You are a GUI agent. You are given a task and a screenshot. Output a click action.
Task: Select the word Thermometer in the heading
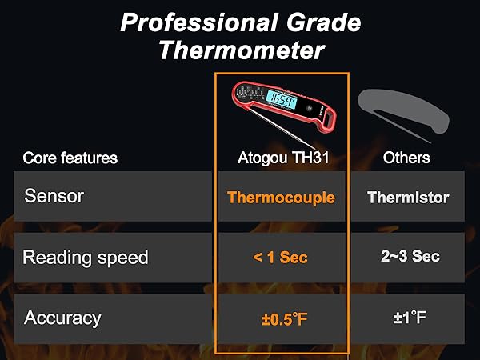coord(241,50)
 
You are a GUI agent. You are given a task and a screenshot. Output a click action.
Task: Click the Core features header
coord(70,158)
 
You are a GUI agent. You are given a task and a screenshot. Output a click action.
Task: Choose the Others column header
coord(406,158)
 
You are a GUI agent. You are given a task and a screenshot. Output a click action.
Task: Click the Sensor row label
coord(54,195)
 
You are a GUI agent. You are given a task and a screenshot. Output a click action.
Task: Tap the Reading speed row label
coord(86,257)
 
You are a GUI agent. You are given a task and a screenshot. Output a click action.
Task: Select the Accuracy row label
coord(63,318)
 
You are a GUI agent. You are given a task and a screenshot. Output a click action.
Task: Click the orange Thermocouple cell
coord(281,197)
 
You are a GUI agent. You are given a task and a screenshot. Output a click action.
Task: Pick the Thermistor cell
coord(408,197)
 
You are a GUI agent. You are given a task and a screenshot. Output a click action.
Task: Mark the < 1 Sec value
coord(280,258)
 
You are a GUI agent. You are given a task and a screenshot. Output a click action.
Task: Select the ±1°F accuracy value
coord(409,318)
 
